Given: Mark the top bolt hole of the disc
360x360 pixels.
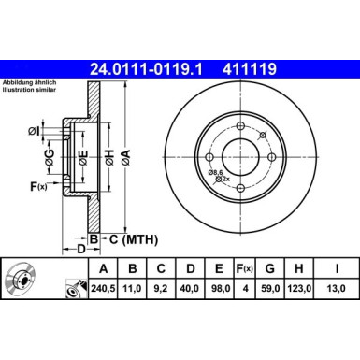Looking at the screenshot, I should (240, 126).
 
